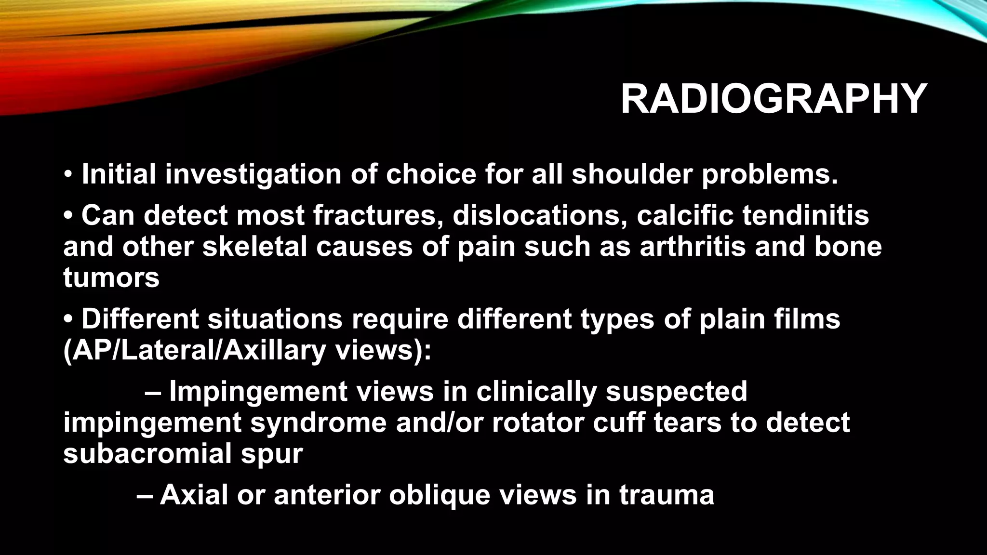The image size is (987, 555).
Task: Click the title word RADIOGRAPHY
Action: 774,100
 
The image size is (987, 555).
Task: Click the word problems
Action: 770,174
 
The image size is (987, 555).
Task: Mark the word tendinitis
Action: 806,215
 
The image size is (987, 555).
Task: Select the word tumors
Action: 111,278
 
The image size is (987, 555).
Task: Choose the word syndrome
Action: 319,423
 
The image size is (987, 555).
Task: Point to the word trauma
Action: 667,495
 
